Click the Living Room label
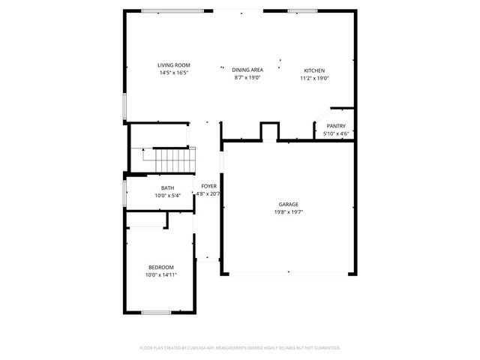tap(173, 65)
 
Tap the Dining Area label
tap(247, 70)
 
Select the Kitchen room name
tap(314, 70)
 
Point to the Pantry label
tap(335, 126)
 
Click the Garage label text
tap(289, 204)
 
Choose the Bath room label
tap(167, 188)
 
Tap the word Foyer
tap(208, 185)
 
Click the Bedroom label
tap(160, 268)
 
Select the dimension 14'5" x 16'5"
tap(173, 73)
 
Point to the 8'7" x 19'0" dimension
tap(247, 77)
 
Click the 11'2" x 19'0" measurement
tap(314, 77)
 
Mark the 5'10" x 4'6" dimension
tap(335, 133)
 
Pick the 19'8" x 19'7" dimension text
tap(289, 212)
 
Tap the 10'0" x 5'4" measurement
tap(167, 196)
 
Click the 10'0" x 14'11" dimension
tap(160, 275)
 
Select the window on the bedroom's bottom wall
tap(157, 312)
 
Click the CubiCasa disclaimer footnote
tap(240, 348)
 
